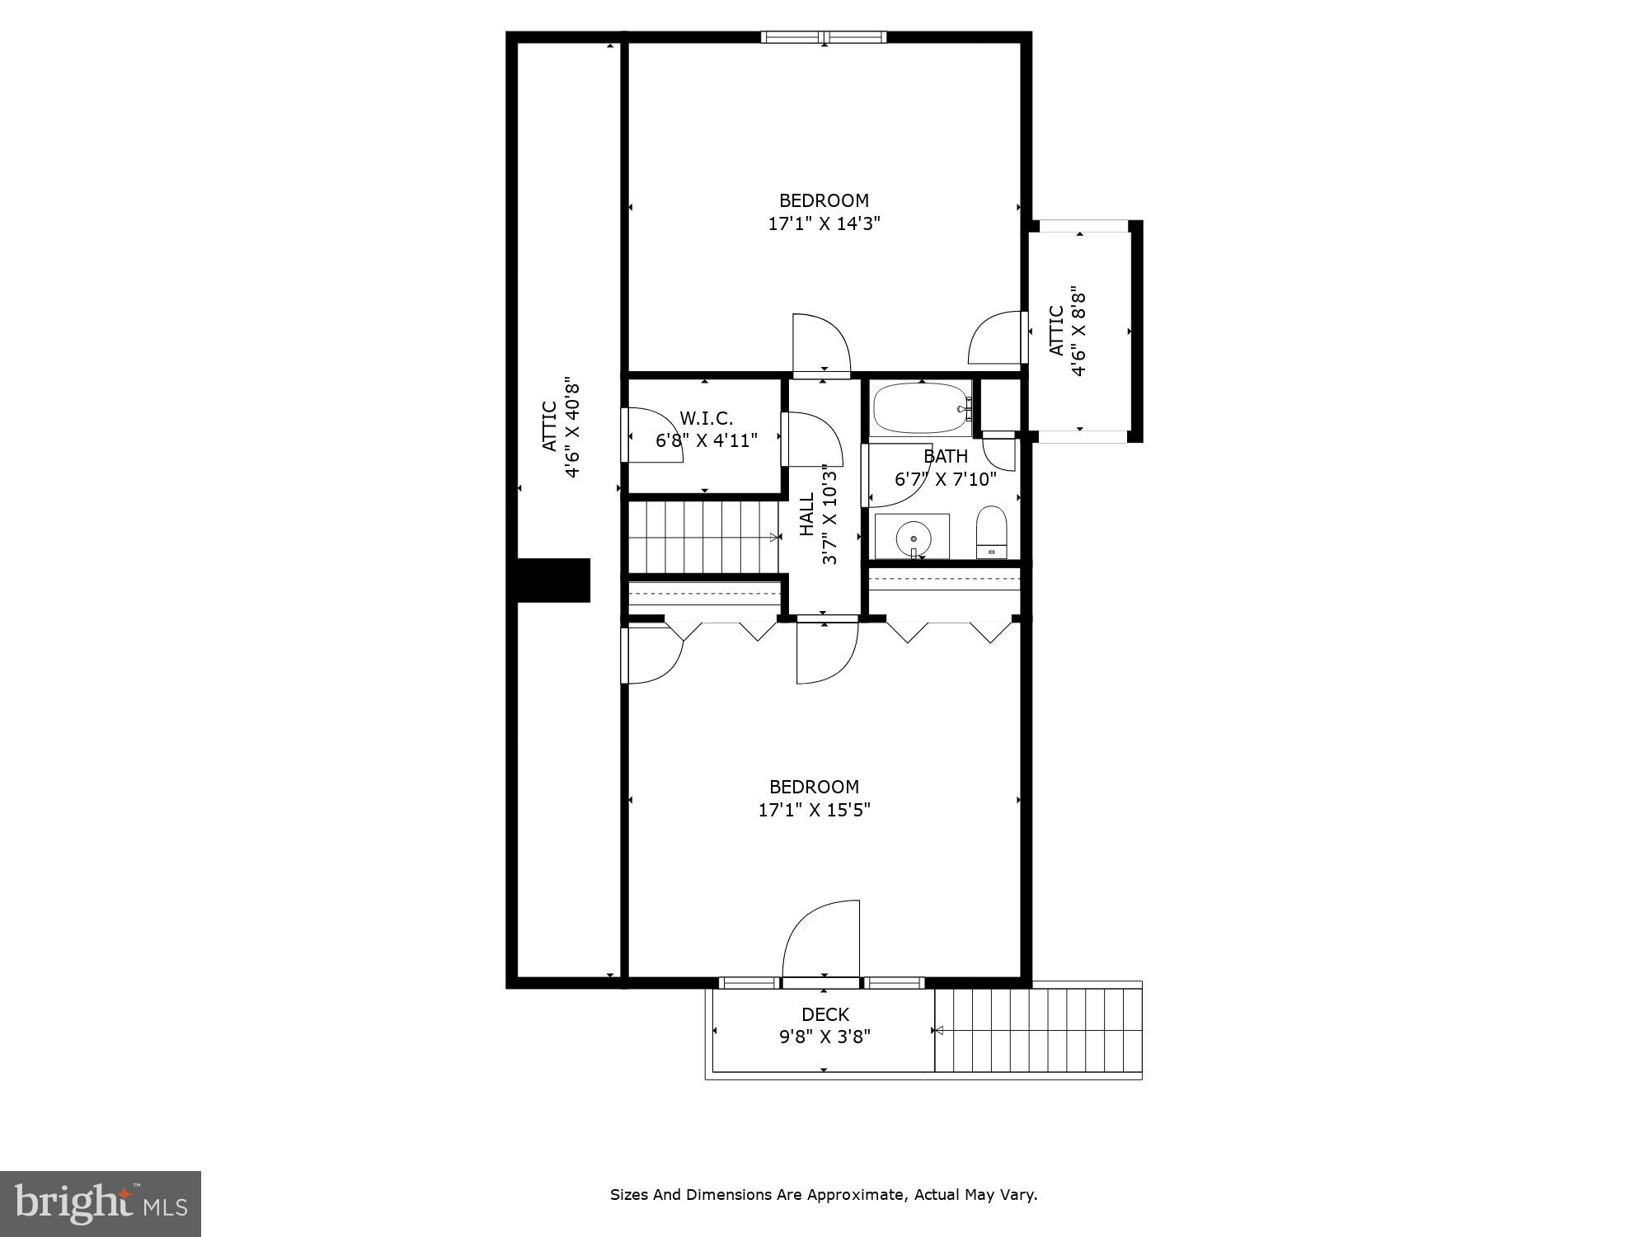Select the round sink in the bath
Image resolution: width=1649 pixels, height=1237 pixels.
pos(914,537)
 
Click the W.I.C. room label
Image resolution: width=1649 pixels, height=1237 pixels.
pos(706,418)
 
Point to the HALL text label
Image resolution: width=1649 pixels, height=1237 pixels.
pos(807,514)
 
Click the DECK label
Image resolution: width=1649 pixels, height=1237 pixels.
pos(824,1014)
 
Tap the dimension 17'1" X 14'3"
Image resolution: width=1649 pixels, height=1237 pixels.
pos(824,223)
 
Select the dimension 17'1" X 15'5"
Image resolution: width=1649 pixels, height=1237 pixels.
pos(814,810)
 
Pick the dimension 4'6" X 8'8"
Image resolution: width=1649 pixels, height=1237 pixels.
pos(1078,331)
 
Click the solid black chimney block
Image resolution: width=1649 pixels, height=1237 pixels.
pos(553,581)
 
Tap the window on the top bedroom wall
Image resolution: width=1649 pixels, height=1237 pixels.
pos(823,36)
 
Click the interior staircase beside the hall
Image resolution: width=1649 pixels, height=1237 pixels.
pos(703,537)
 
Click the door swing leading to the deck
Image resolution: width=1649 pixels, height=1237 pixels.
pos(820,940)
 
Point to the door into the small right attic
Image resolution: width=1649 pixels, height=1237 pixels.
pos(998,337)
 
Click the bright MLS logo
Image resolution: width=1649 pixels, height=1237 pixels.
pos(101,1203)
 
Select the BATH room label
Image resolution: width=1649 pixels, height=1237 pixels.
pos(945,456)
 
